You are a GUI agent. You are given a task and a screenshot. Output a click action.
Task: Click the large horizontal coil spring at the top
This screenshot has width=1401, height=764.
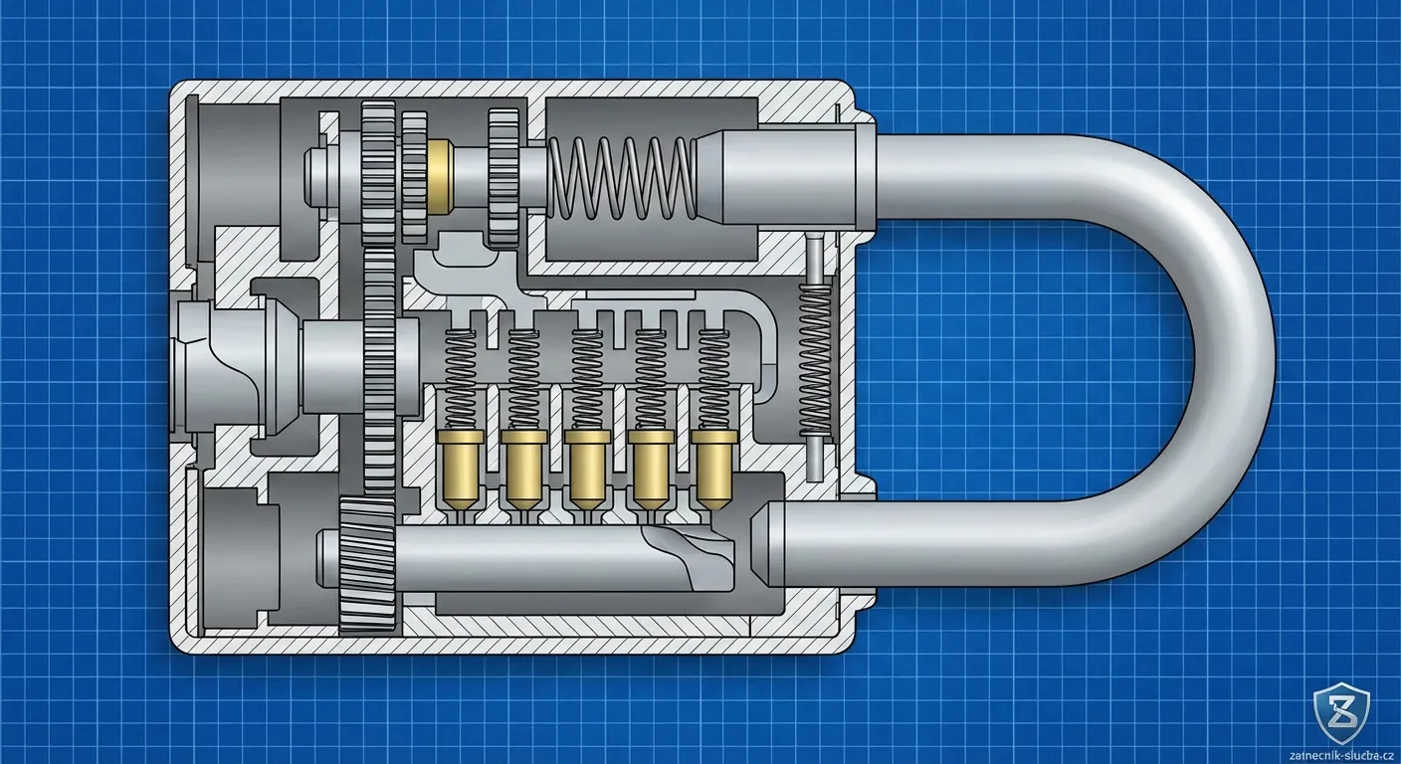[x=623, y=178]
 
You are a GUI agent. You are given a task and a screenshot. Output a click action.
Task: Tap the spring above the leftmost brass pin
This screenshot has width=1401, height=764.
[x=459, y=379]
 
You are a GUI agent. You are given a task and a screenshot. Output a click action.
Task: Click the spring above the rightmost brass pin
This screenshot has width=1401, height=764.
[x=713, y=379]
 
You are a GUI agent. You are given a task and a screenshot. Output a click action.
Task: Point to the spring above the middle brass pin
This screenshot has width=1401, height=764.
[x=586, y=379]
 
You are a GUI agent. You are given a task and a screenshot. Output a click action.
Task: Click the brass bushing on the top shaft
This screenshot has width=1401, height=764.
[x=439, y=174]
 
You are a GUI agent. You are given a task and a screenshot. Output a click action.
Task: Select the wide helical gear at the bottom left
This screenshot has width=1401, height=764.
[x=368, y=564]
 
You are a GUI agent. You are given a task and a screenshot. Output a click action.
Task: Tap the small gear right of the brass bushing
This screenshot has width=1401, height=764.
[x=503, y=178]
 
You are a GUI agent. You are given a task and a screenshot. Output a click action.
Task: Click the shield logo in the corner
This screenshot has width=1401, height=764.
[x=1340, y=710]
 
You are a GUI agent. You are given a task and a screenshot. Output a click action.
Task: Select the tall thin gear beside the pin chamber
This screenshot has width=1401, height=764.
[x=379, y=368]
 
